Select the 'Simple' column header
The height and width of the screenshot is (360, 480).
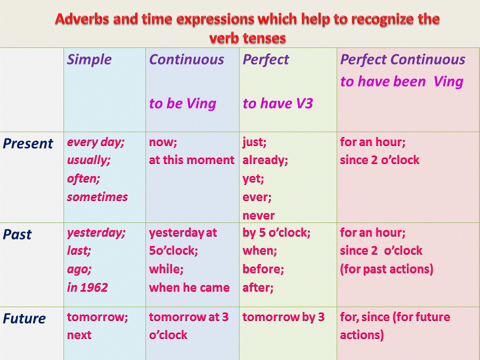coord(89,59)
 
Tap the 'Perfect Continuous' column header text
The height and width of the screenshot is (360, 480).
coord(402,59)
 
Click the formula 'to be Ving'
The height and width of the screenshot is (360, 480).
coord(182,103)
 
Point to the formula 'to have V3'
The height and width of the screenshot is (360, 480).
coord(277,103)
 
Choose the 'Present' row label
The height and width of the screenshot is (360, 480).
coord(28,143)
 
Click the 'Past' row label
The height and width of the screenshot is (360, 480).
coord(17,234)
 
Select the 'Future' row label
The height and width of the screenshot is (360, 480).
coord(24,318)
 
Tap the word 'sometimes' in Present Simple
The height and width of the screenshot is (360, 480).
coord(97,197)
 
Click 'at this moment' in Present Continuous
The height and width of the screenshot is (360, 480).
coord(191,160)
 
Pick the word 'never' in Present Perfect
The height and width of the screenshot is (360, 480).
coord(258,215)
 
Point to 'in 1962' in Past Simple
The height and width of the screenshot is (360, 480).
coord(87,287)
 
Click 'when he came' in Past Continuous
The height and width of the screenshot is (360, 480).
coord(189,287)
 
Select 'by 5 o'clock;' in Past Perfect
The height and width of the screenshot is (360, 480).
coord(276,233)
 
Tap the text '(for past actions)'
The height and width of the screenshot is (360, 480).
coord(386,269)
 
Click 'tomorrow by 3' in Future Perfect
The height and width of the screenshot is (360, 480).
coord(283,317)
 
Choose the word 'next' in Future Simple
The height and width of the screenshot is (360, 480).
coord(79,335)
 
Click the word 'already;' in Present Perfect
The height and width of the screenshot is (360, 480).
coord(265,160)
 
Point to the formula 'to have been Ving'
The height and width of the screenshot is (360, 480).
coord(401,81)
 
